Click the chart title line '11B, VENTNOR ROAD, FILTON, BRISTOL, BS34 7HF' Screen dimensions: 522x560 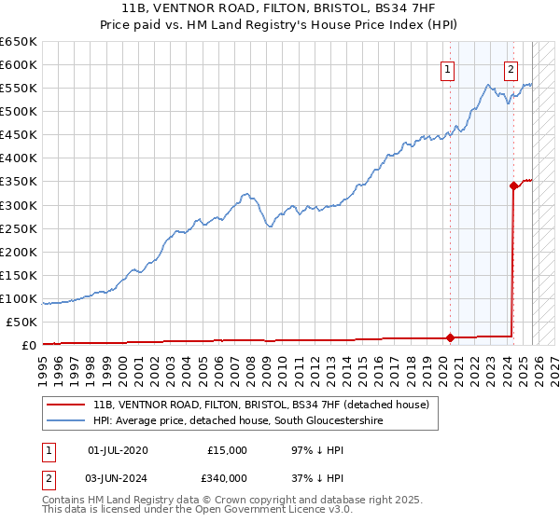click(280, 8)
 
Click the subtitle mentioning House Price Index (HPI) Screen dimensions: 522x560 click(280, 24)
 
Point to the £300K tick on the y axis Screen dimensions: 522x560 click(19, 205)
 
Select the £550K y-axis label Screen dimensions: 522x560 click(19, 89)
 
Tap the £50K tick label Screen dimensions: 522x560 click(21, 322)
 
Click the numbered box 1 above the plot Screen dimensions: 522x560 click(448, 68)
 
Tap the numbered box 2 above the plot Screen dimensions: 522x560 click(511, 68)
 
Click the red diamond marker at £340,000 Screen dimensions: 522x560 click(513, 185)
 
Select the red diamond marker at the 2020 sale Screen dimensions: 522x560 click(450, 337)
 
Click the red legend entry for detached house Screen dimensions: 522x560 click(260, 405)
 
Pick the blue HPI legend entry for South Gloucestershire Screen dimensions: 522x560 click(237, 421)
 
